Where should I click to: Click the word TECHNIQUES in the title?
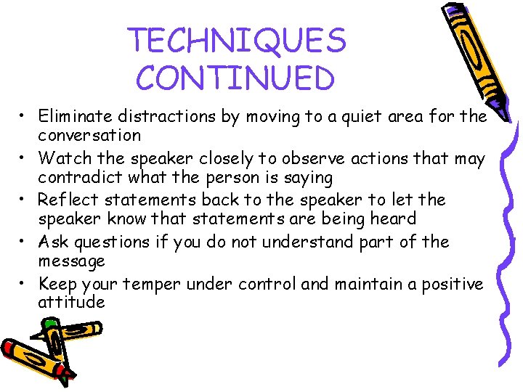click(x=237, y=41)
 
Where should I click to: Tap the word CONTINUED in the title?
click(x=235, y=78)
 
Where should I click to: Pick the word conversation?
click(x=89, y=135)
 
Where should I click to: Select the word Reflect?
click(x=65, y=200)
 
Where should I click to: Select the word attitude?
click(x=71, y=303)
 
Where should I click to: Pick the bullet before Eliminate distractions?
click(x=24, y=115)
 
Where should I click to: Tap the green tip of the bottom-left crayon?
click(x=49, y=325)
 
